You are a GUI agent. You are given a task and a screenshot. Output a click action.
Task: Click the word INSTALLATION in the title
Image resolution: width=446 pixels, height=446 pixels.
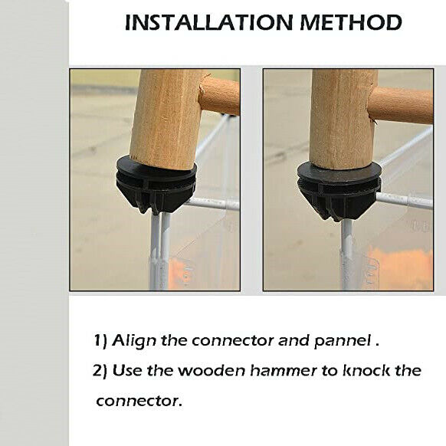pos(208,22)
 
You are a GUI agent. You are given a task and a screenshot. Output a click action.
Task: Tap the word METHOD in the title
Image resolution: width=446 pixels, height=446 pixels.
pos(351,22)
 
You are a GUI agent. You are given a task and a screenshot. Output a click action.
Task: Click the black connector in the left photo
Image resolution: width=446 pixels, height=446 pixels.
pos(156,185)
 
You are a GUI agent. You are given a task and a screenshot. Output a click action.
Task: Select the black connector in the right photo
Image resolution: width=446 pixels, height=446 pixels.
pos(339,191)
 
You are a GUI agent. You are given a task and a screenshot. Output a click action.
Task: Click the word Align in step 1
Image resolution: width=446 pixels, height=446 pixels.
pos(134,341)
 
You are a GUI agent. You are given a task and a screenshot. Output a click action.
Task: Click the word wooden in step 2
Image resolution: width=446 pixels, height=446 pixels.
pos(212,370)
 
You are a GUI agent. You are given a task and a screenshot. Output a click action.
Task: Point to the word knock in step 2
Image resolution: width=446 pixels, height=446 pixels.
pos(366,370)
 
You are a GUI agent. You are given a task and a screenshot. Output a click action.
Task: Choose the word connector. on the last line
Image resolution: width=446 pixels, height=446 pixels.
pos(139,401)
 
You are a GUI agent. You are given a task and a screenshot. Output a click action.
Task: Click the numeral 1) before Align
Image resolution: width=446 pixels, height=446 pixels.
pos(100,341)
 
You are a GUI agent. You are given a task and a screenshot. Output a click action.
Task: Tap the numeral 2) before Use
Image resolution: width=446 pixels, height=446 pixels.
pos(100,371)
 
